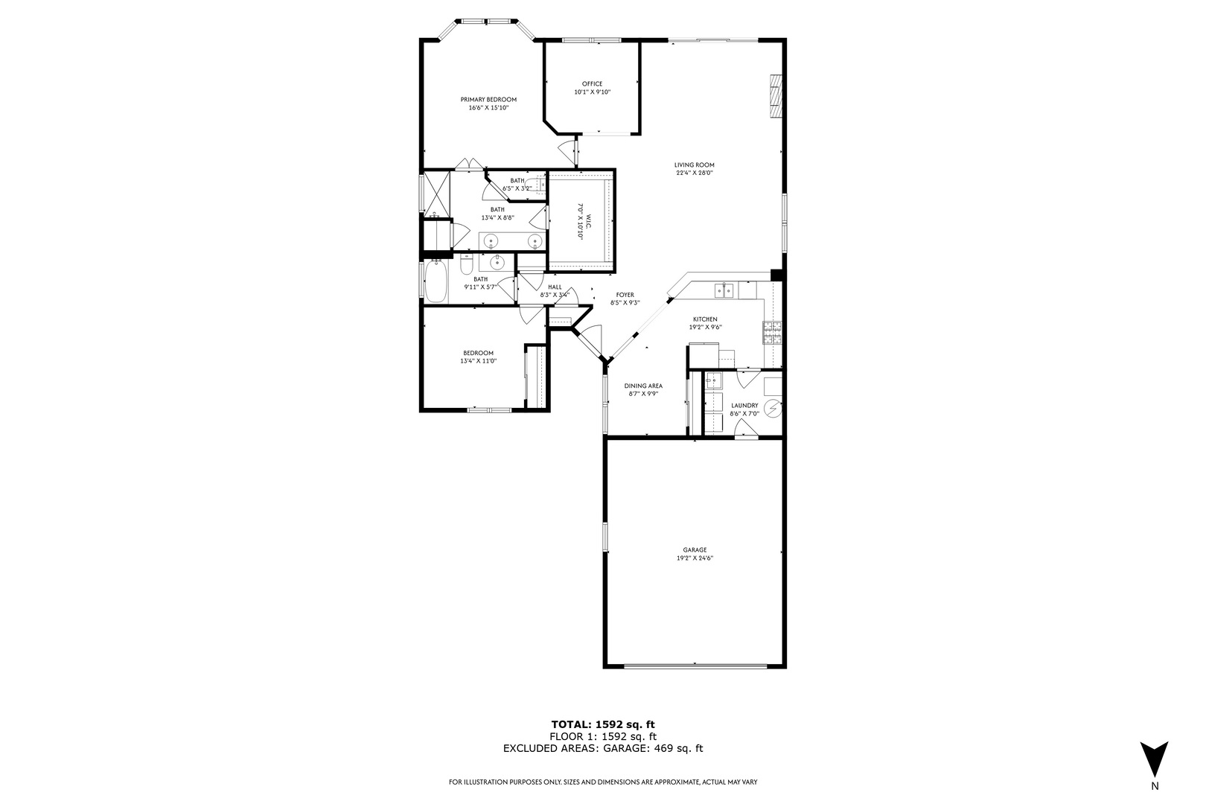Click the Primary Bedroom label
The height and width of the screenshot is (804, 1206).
click(x=488, y=100)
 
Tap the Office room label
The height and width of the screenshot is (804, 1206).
click(x=592, y=83)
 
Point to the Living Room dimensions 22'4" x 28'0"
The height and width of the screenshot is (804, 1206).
click(x=694, y=173)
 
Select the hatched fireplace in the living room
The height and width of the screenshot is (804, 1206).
click(x=776, y=96)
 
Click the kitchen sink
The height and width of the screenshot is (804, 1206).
click(x=724, y=290)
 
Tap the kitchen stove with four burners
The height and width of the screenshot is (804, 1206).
click(x=772, y=331)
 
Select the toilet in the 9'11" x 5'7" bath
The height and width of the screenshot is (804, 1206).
click(x=466, y=264)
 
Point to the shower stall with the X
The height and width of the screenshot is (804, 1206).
click(x=437, y=194)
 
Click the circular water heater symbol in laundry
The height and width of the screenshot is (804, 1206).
click(x=774, y=408)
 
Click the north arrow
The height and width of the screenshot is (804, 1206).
click(x=1154, y=759)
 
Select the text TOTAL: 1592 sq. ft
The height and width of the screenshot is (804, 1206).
click(x=602, y=724)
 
